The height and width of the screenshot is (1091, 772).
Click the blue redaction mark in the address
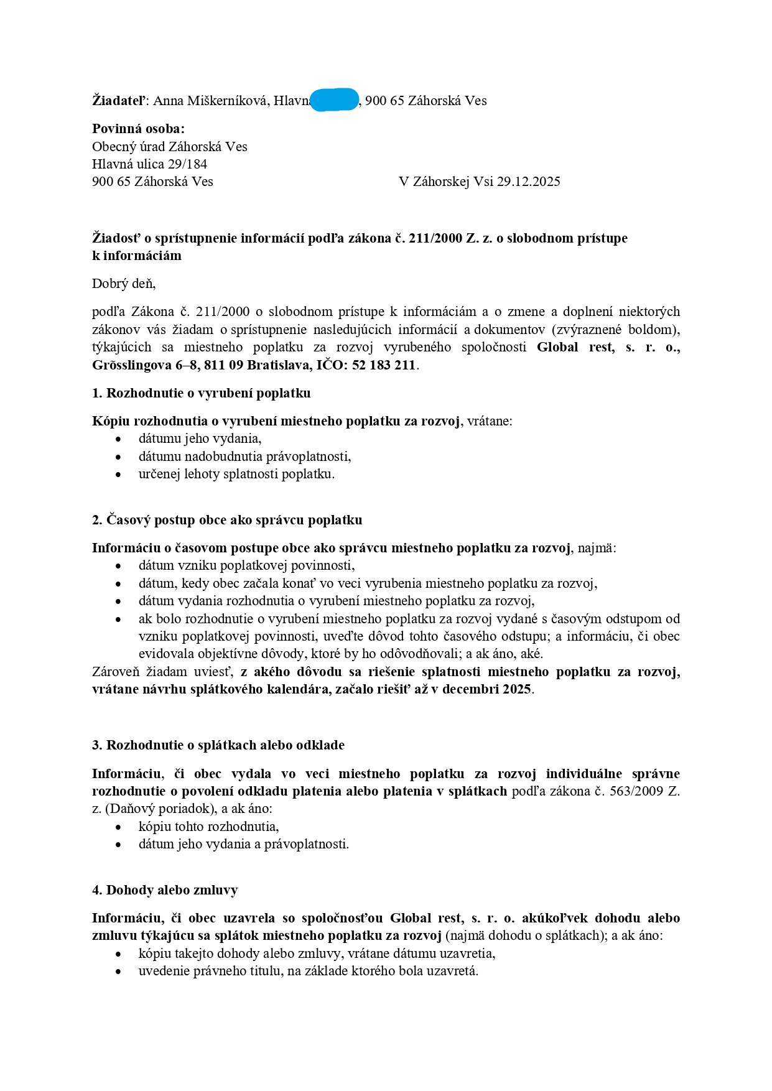point(334,100)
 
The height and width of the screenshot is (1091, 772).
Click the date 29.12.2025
point(529,182)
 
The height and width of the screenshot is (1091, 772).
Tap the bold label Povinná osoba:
point(138,129)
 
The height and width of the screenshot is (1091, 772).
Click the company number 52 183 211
point(384,365)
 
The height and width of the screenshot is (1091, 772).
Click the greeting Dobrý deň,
point(124,284)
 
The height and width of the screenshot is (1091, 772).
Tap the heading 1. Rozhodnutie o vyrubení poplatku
point(201,393)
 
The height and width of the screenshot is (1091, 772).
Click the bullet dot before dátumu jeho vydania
point(119,439)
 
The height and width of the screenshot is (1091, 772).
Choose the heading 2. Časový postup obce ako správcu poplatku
point(227,520)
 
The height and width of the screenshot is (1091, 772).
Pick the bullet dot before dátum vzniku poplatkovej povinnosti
point(119,566)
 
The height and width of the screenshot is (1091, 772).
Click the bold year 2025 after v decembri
point(516,689)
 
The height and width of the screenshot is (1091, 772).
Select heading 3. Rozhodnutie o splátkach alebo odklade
point(218,745)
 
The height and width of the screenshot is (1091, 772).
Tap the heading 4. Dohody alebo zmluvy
point(165,890)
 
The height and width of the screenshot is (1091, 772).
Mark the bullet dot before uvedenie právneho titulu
point(119,972)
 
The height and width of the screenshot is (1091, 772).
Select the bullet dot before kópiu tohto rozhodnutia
point(119,827)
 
